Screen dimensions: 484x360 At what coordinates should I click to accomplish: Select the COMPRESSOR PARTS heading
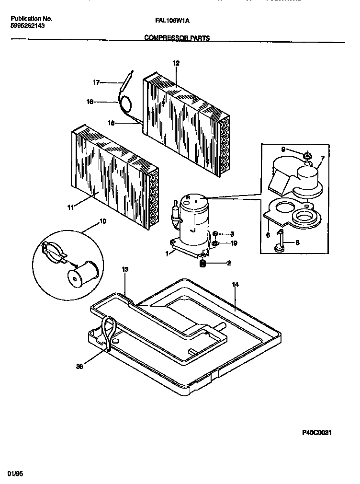tap(177, 38)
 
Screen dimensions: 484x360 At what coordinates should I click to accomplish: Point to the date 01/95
tap(15, 473)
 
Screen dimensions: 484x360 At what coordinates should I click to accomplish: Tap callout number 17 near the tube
tap(96, 82)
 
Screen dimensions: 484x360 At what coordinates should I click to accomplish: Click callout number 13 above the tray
tap(125, 270)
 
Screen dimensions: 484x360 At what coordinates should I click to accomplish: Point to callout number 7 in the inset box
tap(322, 158)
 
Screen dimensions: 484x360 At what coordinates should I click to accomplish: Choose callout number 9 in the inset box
tap(283, 150)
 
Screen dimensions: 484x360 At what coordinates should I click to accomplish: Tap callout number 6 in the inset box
tap(268, 235)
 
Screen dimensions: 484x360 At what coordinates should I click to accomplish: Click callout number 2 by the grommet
tap(229, 263)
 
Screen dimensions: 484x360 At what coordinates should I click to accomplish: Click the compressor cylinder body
tap(192, 216)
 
